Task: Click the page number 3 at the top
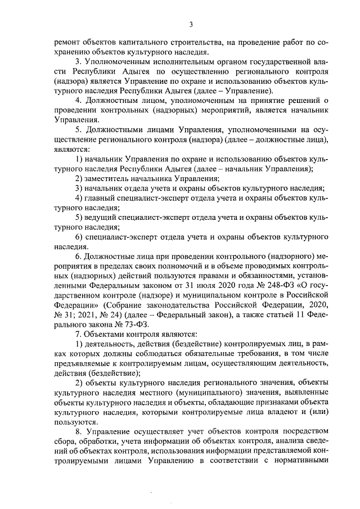point(191,24)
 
